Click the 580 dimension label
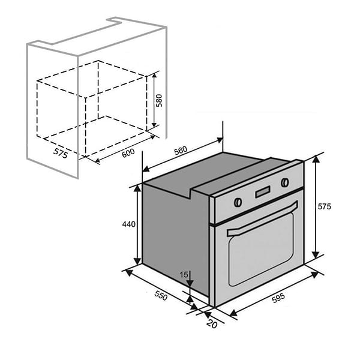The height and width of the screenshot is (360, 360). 159,101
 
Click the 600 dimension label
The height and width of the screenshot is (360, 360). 128,153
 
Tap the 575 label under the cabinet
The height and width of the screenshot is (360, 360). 61,153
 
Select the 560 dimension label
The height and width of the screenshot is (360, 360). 181,151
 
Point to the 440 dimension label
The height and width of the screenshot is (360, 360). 129,224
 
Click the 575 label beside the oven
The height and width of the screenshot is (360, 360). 324,206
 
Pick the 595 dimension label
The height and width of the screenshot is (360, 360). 278,298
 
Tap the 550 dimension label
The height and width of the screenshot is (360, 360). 161,295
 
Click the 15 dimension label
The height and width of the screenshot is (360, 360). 184,275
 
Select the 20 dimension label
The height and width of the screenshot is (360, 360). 212,324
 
